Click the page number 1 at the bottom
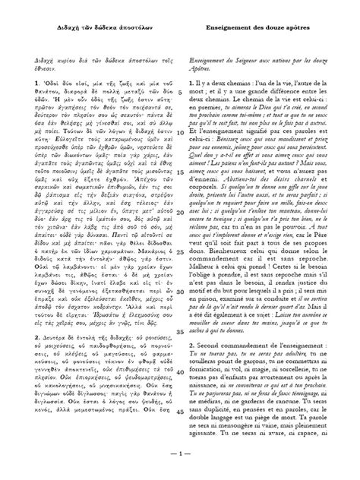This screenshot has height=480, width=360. coord(180,457)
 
